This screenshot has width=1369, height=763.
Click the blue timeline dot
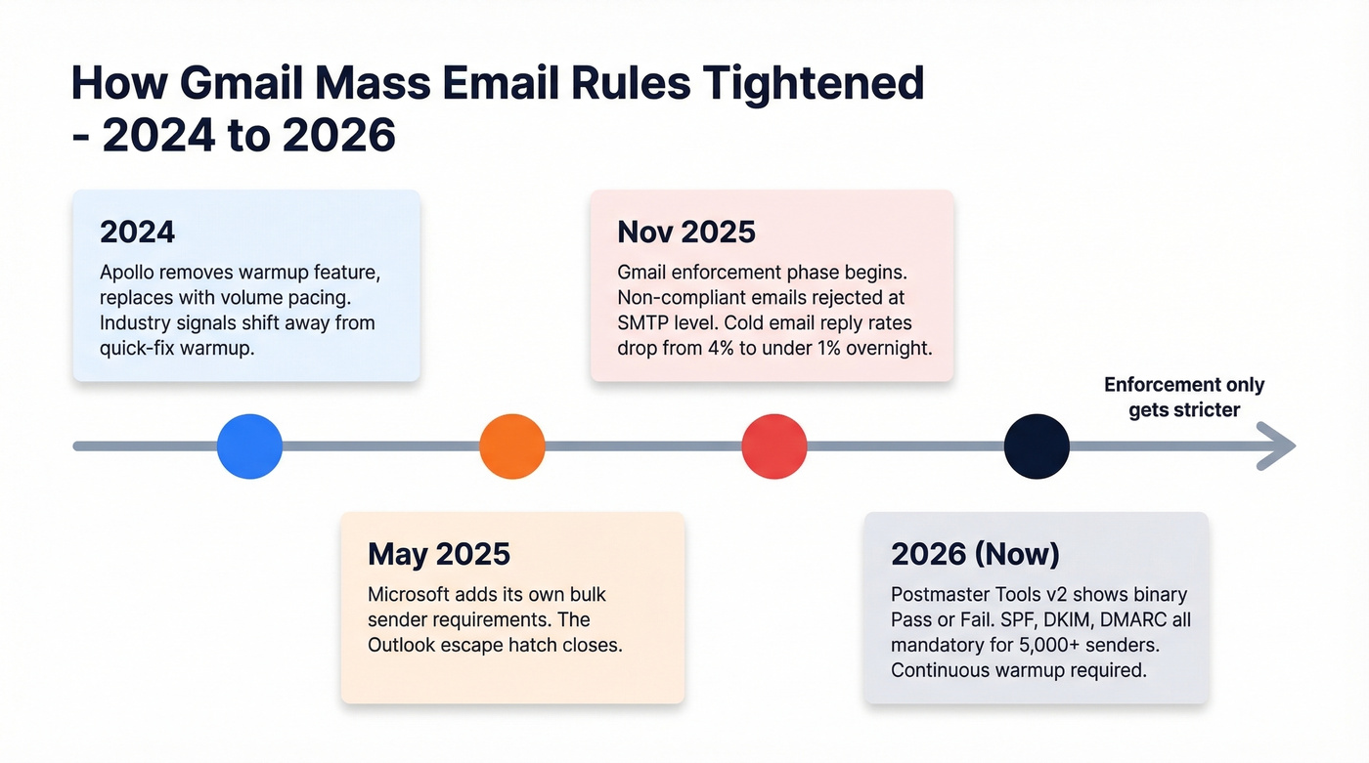tap(249, 446)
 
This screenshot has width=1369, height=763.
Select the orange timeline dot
tap(511, 446)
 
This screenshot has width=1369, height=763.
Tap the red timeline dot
tap(774, 446)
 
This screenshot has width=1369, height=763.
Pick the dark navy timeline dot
tap(1037, 446)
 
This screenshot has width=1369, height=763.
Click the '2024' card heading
tap(137, 233)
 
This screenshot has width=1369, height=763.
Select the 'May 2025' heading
tap(438, 555)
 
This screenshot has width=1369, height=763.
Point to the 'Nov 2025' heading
tap(685, 233)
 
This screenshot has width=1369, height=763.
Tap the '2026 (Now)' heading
tap(975, 555)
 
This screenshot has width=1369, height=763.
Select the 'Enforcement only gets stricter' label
tap(1183, 398)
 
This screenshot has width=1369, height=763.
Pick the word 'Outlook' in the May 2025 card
tap(404, 645)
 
